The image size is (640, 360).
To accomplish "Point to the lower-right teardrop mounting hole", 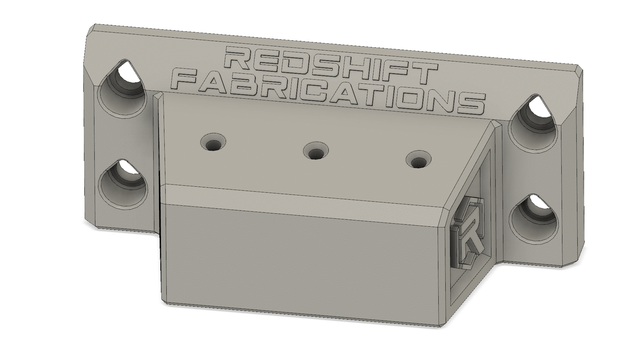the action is click(x=534, y=219).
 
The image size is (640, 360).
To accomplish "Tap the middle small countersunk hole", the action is click(x=316, y=151).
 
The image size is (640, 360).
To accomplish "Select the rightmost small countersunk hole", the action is click(x=419, y=159).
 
